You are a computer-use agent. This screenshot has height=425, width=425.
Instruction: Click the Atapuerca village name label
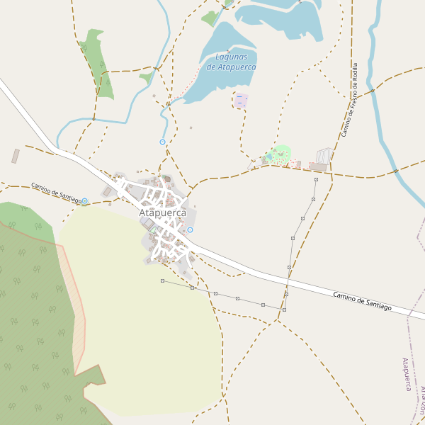point(162,212)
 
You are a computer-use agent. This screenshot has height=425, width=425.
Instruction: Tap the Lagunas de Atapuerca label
point(231,62)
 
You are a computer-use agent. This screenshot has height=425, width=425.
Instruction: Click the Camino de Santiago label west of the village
point(56,192)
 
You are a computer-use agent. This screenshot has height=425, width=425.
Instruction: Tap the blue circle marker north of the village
point(162,142)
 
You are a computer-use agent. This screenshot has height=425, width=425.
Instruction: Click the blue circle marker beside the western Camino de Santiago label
point(85,201)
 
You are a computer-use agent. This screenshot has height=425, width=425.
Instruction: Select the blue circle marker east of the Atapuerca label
point(190,229)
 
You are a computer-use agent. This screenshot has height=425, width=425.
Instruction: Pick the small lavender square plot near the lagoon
point(241,101)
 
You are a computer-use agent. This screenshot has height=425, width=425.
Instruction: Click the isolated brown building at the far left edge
point(16,156)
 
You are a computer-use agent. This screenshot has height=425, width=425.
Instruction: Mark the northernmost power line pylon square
point(316,180)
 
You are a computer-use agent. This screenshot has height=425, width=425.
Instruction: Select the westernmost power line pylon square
point(162,281)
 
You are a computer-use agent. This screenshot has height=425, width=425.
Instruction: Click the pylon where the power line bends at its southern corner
point(284,310)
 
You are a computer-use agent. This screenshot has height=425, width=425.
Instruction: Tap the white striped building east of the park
point(324,155)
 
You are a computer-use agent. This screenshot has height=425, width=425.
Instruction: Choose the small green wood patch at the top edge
point(211,18)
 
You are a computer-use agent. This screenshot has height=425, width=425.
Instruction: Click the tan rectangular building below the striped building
point(318,167)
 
